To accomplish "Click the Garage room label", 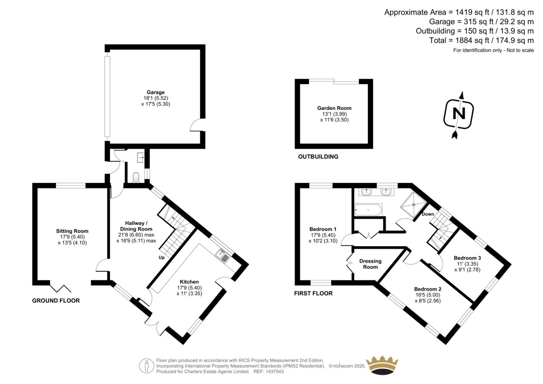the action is [x=156, y=92].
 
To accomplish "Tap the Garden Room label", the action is [x=334, y=108].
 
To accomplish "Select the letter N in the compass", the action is [x=459, y=113].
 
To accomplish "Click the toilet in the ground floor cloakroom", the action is [x=136, y=177].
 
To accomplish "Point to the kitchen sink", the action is [x=222, y=256].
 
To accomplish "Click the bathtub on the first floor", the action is [x=368, y=210].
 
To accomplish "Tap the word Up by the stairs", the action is [x=162, y=257].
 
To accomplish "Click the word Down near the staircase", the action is [x=428, y=214].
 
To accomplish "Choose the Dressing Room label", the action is [x=370, y=264].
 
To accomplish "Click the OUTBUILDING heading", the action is [x=318, y=157].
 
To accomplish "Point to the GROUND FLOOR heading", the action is [x=56, y=300].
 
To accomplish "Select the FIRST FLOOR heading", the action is [x=313, y=293].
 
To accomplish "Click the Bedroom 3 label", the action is [x=467, y=258].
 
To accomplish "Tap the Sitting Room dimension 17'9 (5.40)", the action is [x=72, y=237].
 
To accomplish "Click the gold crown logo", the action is [x=382, y=366].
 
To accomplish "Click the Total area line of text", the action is [x=482, y=40].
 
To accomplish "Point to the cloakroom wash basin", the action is [x=141, y=158].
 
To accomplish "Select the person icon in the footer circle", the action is [x=146, y=366].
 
